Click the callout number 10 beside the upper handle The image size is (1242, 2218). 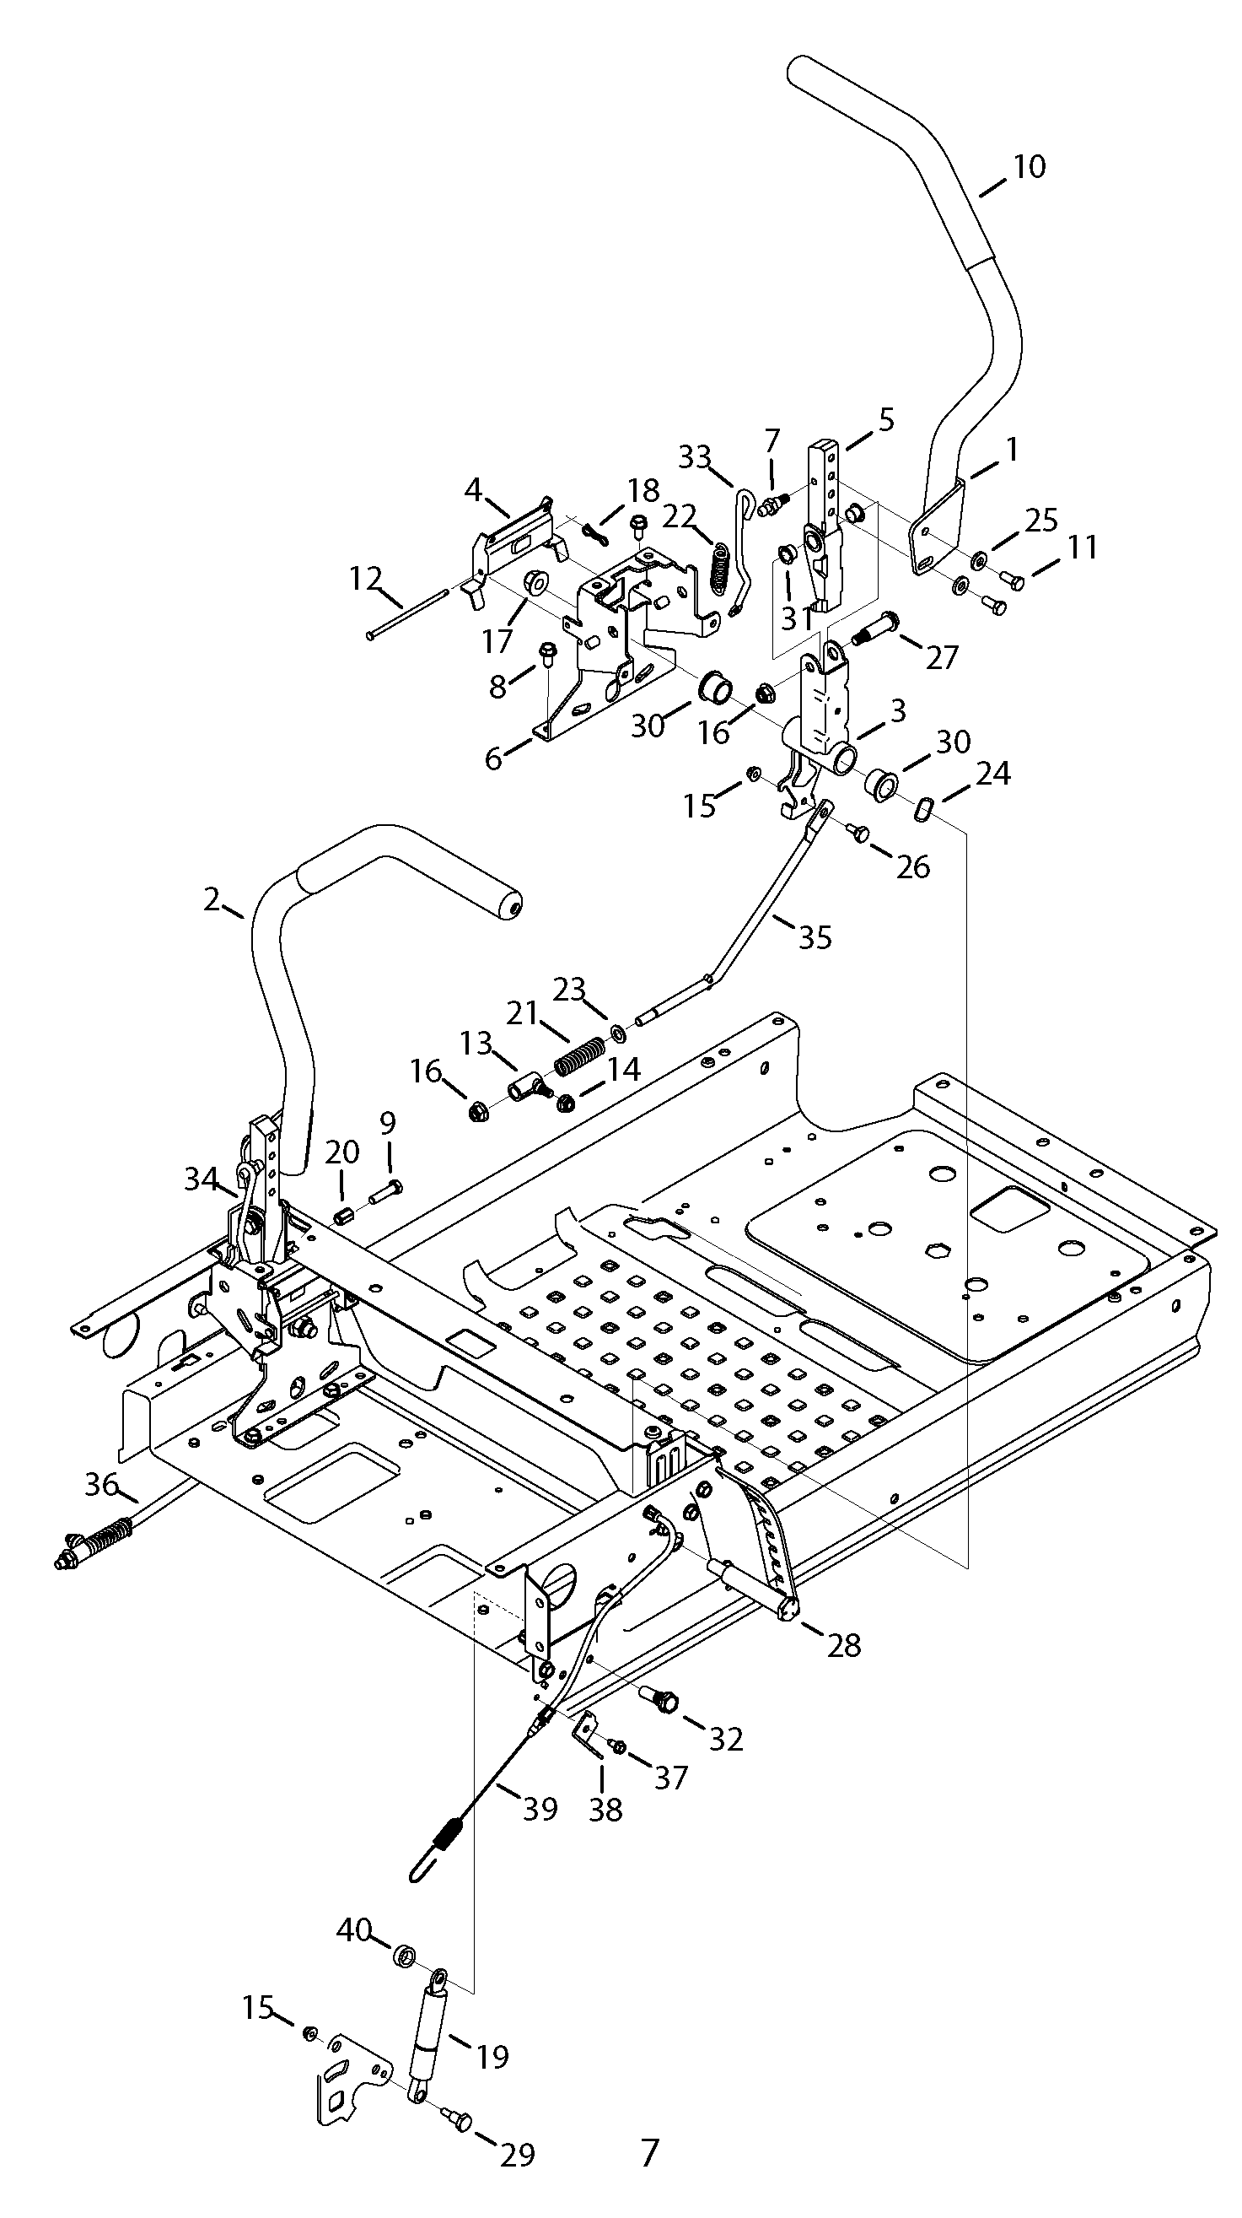[1028, 166]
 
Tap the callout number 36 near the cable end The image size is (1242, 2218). [101, 1484]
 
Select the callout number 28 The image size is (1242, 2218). [843, 1645]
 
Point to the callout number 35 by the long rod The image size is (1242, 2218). [815, 936]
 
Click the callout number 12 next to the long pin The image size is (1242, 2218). [366, 579]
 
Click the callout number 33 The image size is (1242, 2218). [696, 456]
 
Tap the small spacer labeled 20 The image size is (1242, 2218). [344, 1218]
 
